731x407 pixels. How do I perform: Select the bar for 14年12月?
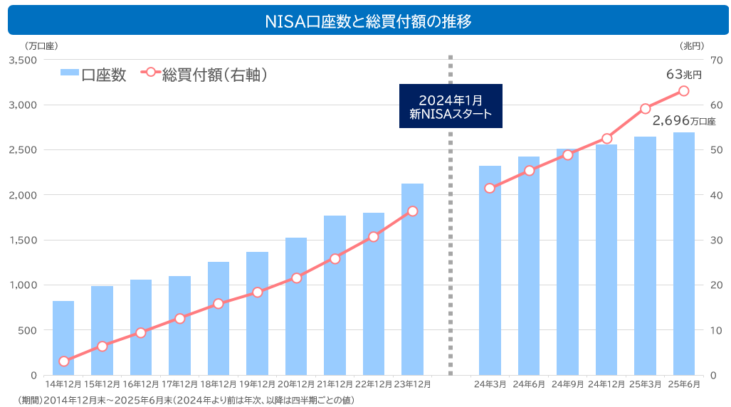63,338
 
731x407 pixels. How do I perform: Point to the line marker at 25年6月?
684,91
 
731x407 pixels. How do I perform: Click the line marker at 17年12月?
179,319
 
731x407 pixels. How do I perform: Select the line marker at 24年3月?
490,188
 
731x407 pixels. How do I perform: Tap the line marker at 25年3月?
645,109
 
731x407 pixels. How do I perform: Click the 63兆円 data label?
684,74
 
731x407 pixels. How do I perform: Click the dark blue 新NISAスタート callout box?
451,106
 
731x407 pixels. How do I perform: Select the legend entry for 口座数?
93,75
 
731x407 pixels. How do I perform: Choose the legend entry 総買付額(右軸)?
206,75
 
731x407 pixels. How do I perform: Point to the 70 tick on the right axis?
716,60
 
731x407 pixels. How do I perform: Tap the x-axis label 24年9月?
567,384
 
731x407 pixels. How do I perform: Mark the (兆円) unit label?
691,46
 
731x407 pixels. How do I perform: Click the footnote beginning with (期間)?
185,400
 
